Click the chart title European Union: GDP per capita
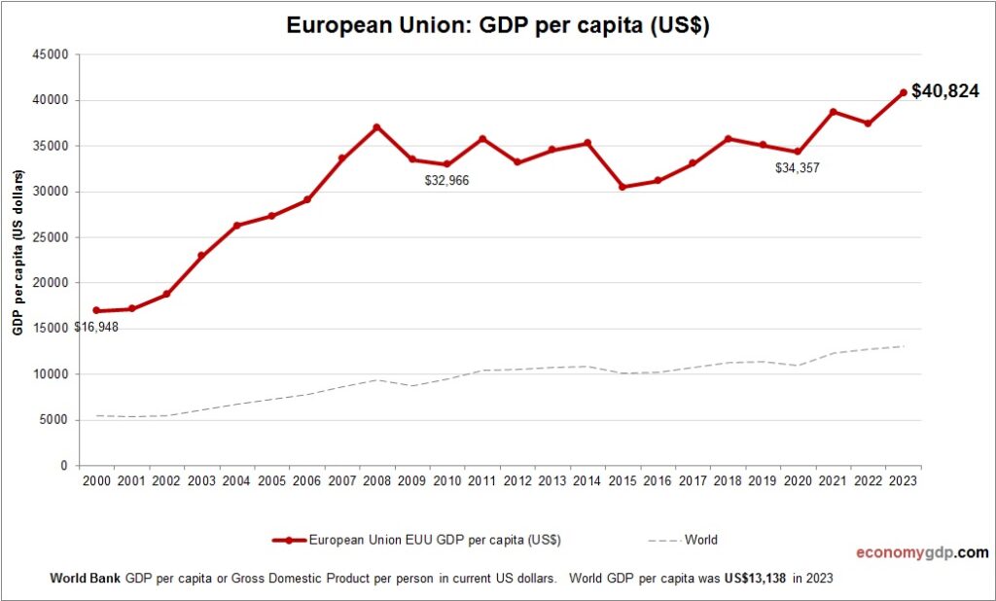[497, 25]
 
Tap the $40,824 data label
[944, 92]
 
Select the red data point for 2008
[376, 127]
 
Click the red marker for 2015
[622, 187]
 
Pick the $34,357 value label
[798, 168]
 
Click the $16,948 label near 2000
[96, 327]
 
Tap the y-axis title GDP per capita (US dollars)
[18, 260]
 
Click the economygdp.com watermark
[922, 552]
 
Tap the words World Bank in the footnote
[86, 578]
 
